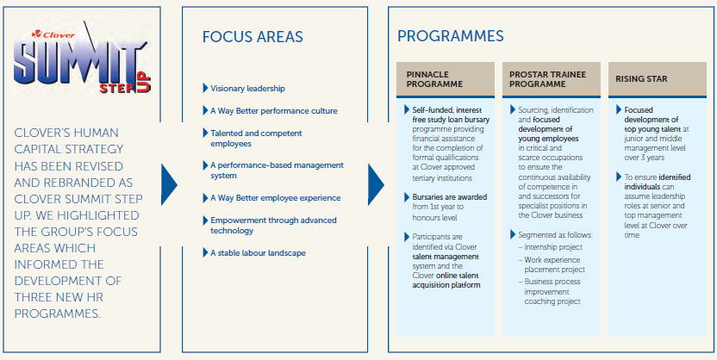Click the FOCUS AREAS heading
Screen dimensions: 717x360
253,37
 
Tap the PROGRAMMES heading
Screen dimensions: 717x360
451,36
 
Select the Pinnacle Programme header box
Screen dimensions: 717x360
446,79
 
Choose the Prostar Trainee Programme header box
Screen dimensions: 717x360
551,79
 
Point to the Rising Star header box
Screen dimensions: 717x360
657,79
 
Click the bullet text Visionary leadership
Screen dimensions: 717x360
247,89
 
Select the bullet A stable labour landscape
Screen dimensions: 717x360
258,252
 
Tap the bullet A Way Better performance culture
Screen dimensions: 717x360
274,110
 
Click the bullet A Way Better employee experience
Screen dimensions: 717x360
275,198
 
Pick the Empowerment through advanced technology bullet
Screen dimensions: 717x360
273,226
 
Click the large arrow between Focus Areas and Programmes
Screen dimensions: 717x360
376,184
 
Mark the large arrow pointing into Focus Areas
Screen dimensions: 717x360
169,184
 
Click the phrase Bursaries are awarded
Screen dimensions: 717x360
450,197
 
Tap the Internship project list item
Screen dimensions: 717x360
551,247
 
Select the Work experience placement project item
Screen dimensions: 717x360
552,264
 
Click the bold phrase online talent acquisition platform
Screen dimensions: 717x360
446,281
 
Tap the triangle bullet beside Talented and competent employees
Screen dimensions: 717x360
205,133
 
